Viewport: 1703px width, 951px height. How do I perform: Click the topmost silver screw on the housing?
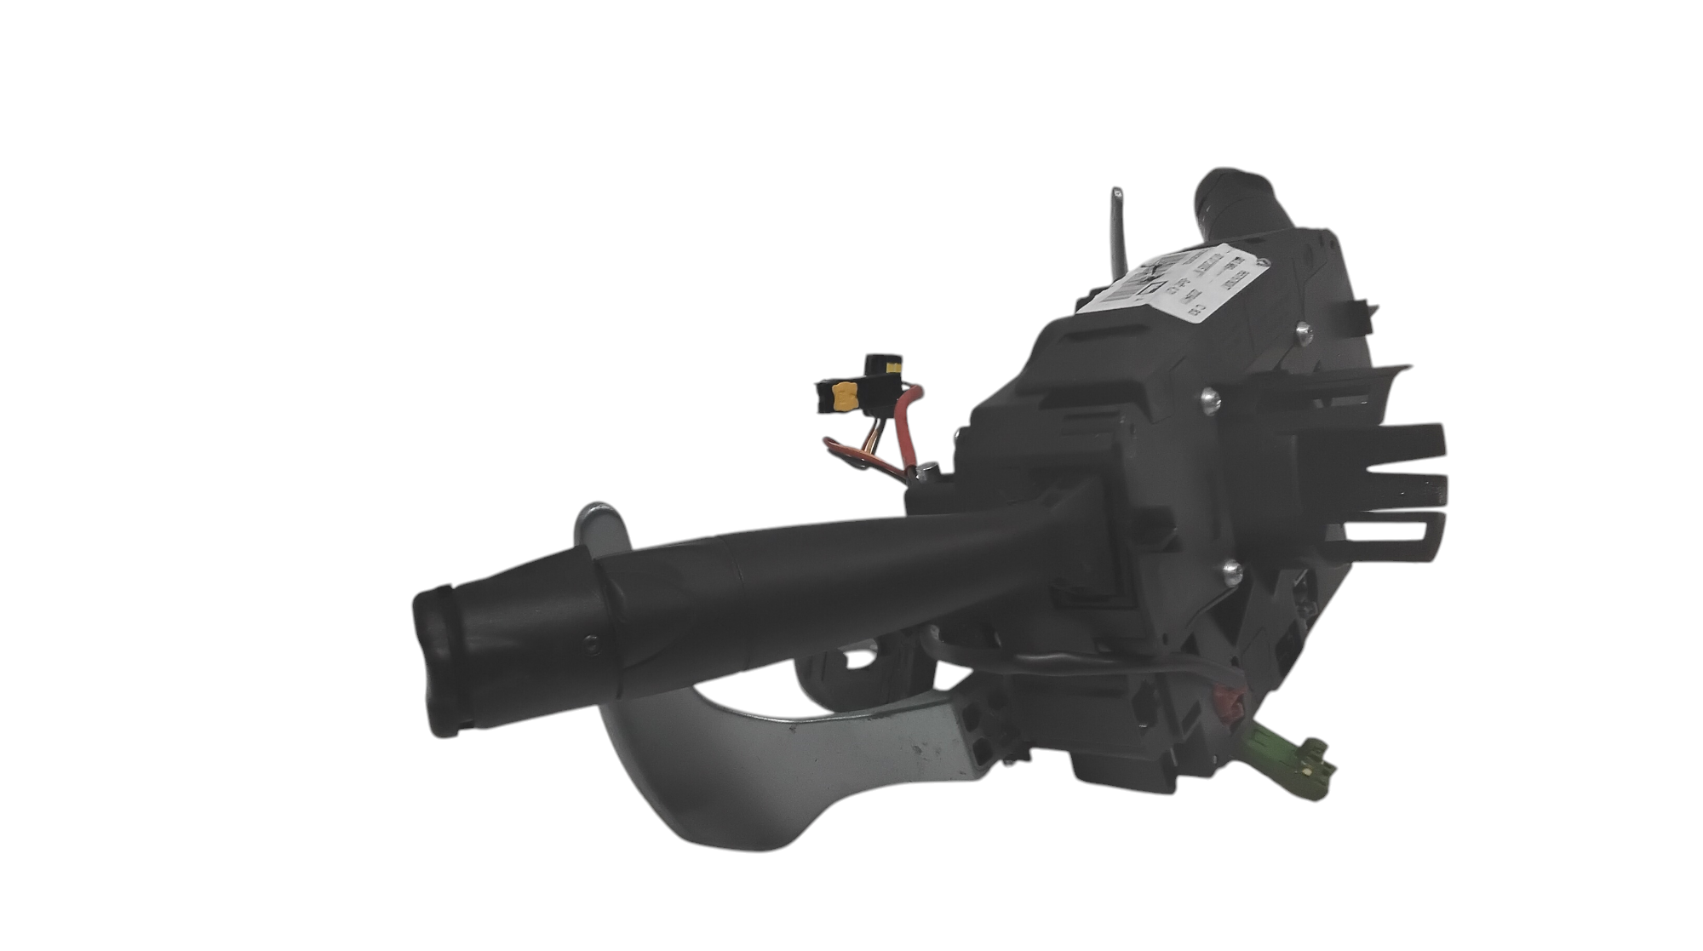pyautogui.click(x=1302, y=329)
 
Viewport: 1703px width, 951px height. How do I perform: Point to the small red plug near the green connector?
pyautogui.click(x=1227, y=706)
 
